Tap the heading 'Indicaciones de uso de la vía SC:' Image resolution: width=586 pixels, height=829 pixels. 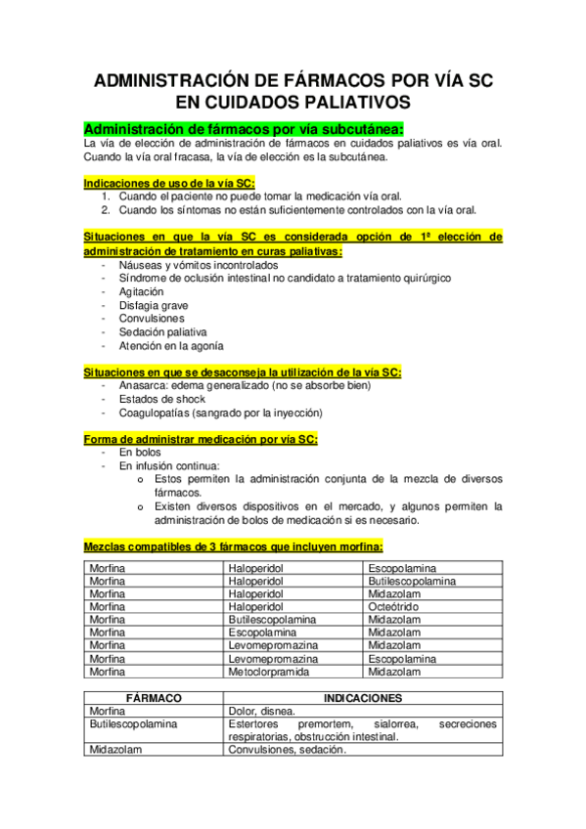click(169, 182)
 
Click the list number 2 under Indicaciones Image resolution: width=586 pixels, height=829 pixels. click(107, 209)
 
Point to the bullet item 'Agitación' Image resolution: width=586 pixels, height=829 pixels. click(141, 291)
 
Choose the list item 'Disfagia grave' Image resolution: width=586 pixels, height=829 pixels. click(154, 305)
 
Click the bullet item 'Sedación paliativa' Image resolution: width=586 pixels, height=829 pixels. click(162, 332)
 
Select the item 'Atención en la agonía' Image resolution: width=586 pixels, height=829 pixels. click(170, 346)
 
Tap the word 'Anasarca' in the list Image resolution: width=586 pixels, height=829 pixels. click(143, 385)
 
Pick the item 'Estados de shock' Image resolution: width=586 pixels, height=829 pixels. click(159, 399)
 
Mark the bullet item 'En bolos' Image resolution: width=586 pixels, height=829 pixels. click(141, 453)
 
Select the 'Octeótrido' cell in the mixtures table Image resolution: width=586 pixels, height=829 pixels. click(394, 606)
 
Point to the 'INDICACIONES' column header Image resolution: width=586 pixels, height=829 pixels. click(362, 698)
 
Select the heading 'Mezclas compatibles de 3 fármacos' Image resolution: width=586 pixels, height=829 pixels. click(234, 546)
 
